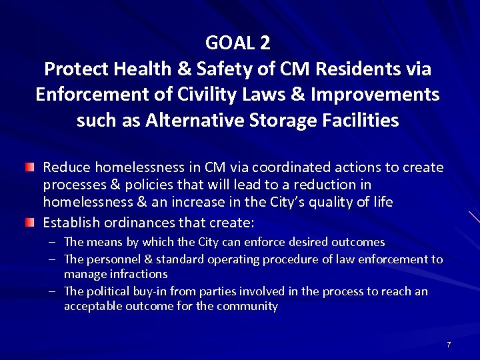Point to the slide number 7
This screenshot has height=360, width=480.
tap(449, 345)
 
